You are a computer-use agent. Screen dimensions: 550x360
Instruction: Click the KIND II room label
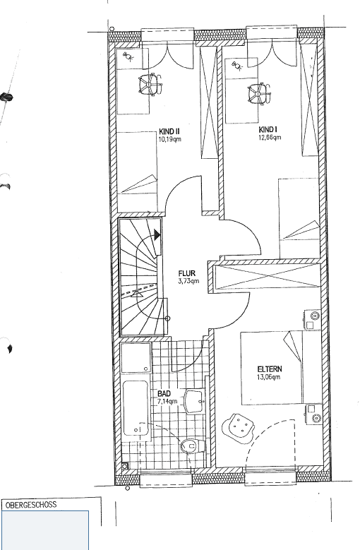pos(170,131)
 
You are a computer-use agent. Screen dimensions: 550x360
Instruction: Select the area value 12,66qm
pos(270,138)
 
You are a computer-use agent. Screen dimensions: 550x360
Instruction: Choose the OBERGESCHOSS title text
pos(30,506)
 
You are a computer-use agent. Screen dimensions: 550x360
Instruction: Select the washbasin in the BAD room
pos(192,401)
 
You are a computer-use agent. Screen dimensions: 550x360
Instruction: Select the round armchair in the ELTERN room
pos(239,427)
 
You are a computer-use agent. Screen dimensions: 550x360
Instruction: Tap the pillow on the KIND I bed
pos(305,229)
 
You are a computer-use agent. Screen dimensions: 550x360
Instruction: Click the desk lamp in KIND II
pos(128,56)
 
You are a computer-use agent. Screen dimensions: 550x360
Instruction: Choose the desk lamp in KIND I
pos(236,66)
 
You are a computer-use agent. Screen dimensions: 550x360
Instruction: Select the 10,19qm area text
pos(170,139)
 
